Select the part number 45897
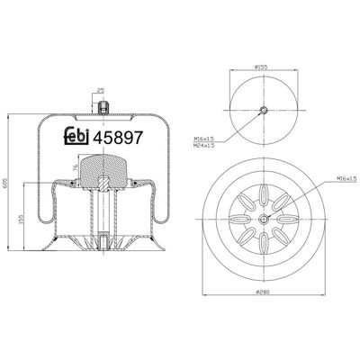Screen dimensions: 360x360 pyautogui.click(x=117, y=138)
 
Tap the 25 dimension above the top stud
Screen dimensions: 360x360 pyautogui.click(x=101, y=90)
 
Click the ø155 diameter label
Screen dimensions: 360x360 pyautogui.click(x=261, y=67)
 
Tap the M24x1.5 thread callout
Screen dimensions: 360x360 pyautogui.click(x=204, y=146)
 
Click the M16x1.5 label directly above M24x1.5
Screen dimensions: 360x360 pyautogui.click(x=204, y=139)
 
